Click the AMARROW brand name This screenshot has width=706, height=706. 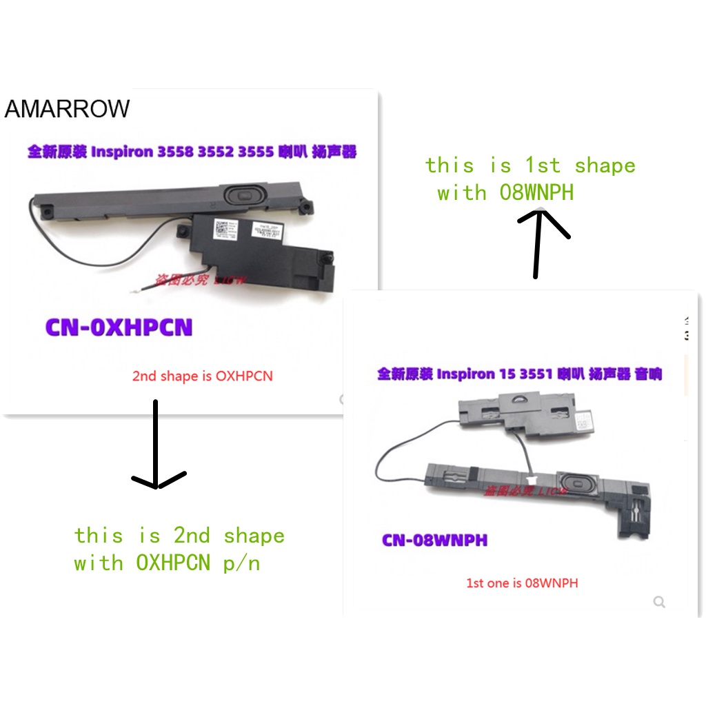pos(67,109)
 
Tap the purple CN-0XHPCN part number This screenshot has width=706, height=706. pos(119,327)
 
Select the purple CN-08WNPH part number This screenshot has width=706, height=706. pos(434,539)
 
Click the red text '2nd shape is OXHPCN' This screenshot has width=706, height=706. pos(202,376)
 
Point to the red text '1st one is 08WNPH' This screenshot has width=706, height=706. pos(522,583)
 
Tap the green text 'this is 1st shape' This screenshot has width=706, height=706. pos(530,165)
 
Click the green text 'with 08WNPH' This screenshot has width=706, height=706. pos(505,192)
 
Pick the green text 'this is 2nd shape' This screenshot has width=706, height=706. pos(179,536)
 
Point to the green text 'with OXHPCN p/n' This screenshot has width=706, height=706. pos(167,563)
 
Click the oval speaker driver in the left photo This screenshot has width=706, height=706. pos(243,195)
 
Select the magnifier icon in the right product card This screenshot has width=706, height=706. pos(659,603)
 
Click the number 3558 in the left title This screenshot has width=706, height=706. pos(176,152)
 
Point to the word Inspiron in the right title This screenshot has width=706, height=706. pos(466,374)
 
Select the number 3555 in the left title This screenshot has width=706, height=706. pos(256,152)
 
